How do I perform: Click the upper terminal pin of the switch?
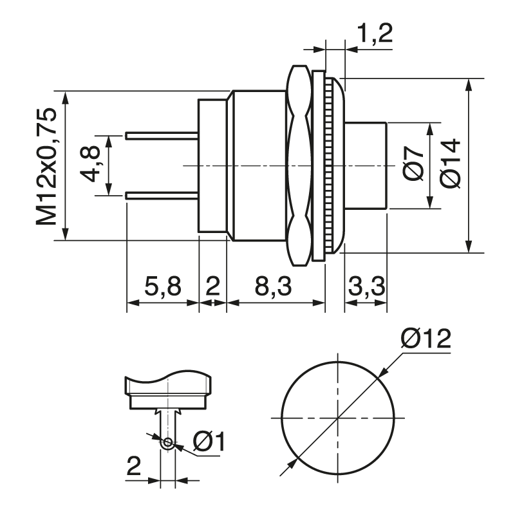click(x=162, y=136)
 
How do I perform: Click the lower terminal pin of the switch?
click(x=162, y=195)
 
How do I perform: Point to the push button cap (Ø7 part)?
click(x=366, y=165)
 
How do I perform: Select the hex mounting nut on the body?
click(x=298, y=165)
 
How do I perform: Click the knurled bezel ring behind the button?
click(x=329, y=165)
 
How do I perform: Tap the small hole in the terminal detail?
click(x=168, y=442)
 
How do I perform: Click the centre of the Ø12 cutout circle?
click(x=337, y=418)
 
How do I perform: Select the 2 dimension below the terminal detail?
click(x=133, y=466)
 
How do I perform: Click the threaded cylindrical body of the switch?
click(x=257, y=165)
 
